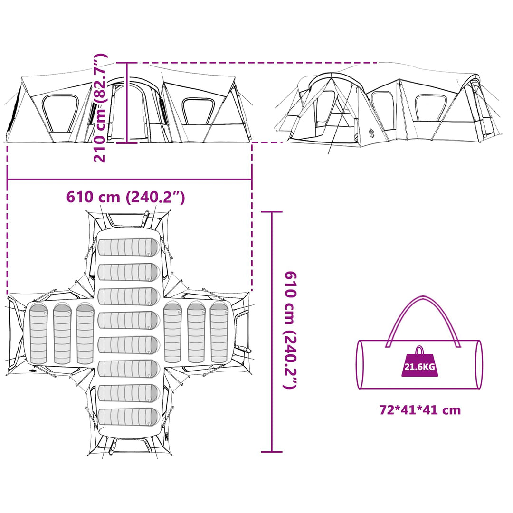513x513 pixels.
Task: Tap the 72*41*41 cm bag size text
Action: pos(420,409)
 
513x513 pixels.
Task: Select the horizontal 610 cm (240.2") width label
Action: pos(125,197)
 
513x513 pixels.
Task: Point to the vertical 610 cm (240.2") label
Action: pos(290,330)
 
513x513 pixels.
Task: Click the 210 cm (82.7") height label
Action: pos(100,108)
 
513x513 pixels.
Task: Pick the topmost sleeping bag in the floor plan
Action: pos(129,247)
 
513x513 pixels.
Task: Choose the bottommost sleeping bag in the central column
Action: pos(129,417)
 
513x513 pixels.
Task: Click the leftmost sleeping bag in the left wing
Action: pos(38,333)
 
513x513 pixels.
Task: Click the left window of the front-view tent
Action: pos(60,114)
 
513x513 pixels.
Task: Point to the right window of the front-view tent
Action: pos(198,111)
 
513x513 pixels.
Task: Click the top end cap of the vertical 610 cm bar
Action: pos(272,212)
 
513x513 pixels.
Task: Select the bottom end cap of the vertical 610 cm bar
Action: pos(272,452)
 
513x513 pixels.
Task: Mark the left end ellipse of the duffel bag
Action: pos(360,364)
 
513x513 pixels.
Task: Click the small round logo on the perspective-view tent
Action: pos(371,132)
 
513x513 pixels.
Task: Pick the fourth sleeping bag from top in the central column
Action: pos(129,320)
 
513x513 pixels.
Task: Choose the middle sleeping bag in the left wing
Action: pos(62,333)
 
